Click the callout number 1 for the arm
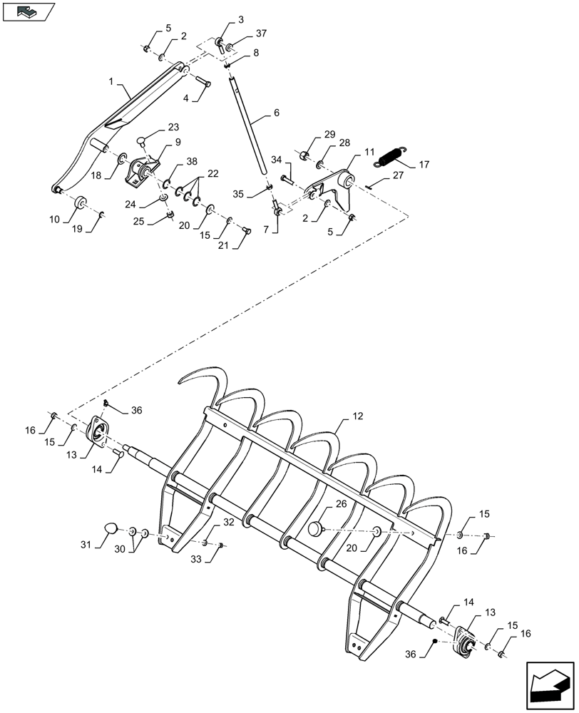pyautogui.click(x=112, y=82)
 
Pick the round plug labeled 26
pyautogui.click(x=317, y=528)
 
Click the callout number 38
pyautogui.click(x=172, y=161)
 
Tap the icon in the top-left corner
pyautogui.click(x=28, y=11)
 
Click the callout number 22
pyautogui.click(x=213, y=173)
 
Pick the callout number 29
pyautogui.click(x=329, y=135)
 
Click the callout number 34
pyautogui.click(x=275, y=160)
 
